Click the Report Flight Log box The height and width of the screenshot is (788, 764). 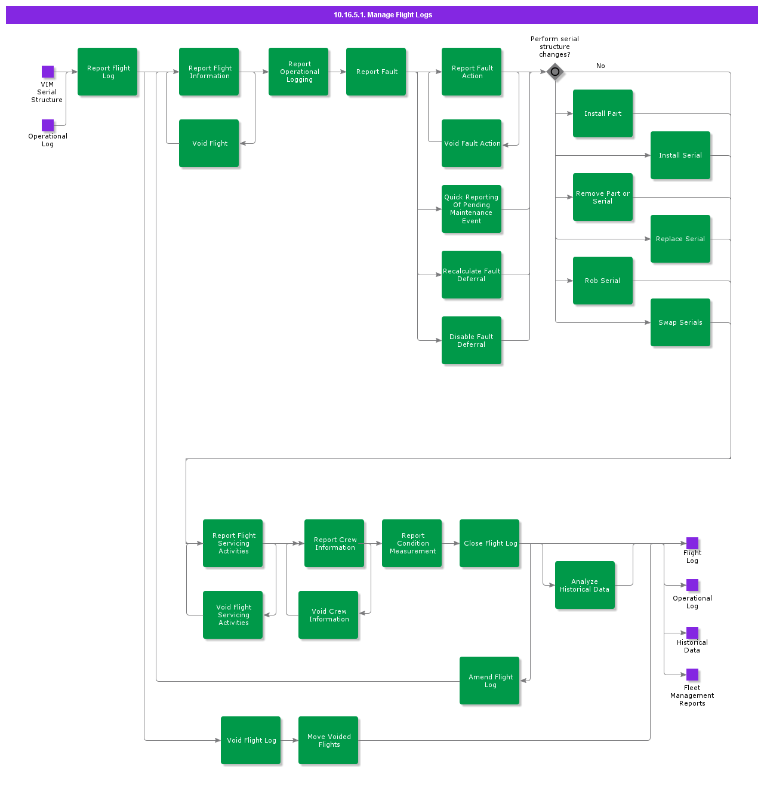tap(107, 72)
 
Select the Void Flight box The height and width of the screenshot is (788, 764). tap(209, 143)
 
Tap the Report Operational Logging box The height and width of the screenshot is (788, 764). tap(298, 72)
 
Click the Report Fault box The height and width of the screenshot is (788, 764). tap(376, 72)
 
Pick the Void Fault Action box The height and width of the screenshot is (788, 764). tap(472, 143)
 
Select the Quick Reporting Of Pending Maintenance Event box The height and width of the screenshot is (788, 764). tap(472, 209)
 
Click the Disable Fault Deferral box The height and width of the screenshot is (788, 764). tap(472, 340)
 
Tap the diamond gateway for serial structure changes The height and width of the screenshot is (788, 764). tap(555, 72)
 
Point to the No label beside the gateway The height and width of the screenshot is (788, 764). tap(600, 66)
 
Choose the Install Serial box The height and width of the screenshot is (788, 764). tap(680, 155)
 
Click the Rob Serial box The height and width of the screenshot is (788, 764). tap(603, 281)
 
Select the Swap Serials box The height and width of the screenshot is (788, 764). tap(680, 322)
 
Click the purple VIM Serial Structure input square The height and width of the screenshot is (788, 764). tap(48, 72)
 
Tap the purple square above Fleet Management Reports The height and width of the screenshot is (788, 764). tap(692, 675)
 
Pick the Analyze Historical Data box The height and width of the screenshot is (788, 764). tap(585, 585)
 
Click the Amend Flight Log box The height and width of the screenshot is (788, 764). tap(489, 681)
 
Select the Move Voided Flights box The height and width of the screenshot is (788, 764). tap(328, 740)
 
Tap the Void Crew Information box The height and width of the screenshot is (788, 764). tap(328, 615)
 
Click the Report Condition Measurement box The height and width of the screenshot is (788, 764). tap(412, 543)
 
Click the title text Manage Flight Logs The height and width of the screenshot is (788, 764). tap(383, 15)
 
